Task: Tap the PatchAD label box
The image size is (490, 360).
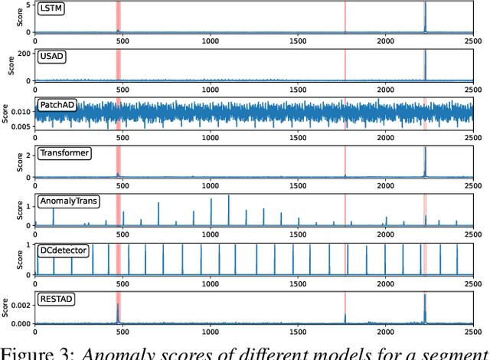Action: pyautogui.click(x=56, y=105)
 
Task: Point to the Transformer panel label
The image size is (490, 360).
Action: pyautogui.click(x=64, y=153)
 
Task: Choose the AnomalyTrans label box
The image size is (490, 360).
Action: pyautogui.click(x=68, y=202)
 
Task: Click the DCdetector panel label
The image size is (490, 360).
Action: pyautogui.click(x=63, y=250)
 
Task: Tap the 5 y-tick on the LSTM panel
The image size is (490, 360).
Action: pyautogui.click(x=28, y=5)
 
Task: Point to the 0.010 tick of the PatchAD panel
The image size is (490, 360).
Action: pyautogui.click(x=20, y=112)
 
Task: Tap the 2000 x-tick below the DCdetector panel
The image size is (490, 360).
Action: pyautogui.click(x=385, y=284)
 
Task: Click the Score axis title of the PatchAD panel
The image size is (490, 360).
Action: pyautogui.click(x=6, y=115)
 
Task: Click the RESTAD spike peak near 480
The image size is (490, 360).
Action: pyautogui.click(x=118, y=304)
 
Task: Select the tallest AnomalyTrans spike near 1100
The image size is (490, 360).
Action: pyautogui.click(x=228, y=196)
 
